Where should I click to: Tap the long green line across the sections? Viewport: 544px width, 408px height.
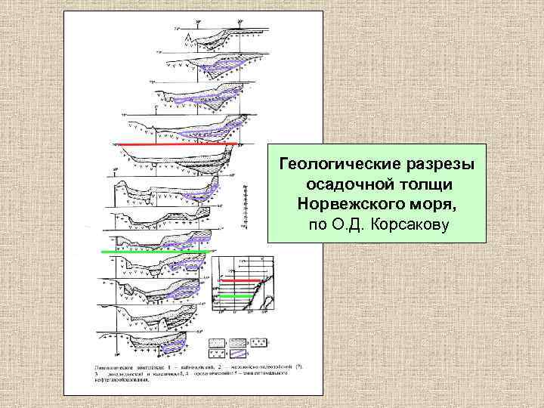pyautogui.click(x=155, y=251)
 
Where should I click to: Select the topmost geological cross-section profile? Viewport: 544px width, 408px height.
pyautogui.click(x=208, y=34)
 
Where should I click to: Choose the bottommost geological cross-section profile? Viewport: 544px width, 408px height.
pyautogui.click(x=159, y=345)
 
